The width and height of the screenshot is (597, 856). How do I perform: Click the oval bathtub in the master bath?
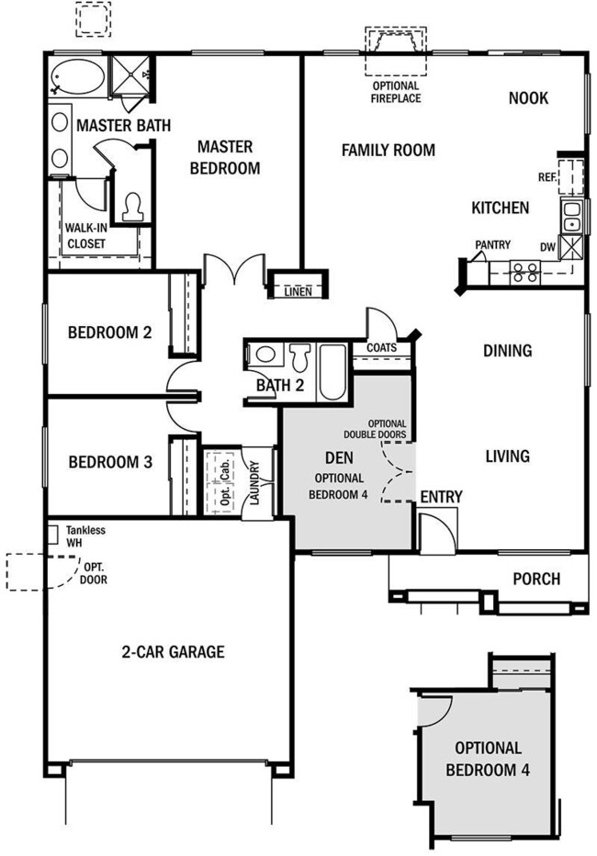coord(77,76)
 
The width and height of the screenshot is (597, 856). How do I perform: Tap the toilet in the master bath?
coord(132,208)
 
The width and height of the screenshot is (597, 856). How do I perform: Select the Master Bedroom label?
coord(225,157)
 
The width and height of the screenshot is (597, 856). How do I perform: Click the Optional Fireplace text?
coord(396,92)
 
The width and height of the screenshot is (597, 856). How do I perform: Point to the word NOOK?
coord(528,98)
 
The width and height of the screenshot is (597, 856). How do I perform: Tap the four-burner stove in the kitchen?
coord(525,273)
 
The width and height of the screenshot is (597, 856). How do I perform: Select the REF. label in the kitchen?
coord(546,177)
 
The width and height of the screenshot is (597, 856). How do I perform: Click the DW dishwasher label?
coord(548,247)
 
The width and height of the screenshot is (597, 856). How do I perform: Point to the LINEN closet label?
coord(298,291)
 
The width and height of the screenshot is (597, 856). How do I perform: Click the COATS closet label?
coord(381,348)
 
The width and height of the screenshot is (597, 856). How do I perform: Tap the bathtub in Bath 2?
coord(332,372)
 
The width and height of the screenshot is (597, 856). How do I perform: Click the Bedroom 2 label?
coord(109,332)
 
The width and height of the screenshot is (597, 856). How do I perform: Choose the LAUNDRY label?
coord(254,482)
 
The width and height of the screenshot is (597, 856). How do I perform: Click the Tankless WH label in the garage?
coord(85,536)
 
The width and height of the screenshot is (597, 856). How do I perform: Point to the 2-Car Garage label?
coord(173,652)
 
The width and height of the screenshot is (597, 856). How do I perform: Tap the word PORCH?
coord(536,579)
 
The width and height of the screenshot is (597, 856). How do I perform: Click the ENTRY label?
coord(442,497)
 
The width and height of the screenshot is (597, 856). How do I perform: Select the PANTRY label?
coord(493,244)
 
